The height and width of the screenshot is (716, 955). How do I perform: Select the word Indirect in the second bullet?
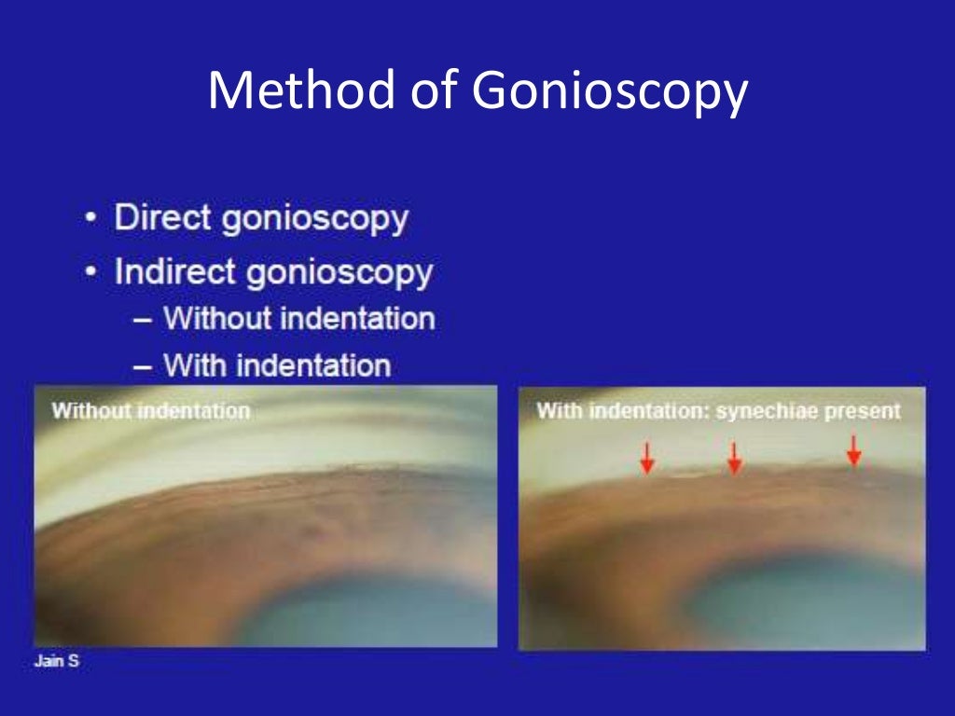tap(173, 273)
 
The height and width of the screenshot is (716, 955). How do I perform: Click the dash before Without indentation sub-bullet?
tap(143, 319)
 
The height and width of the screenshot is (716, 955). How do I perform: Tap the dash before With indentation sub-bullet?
tap(143, 365)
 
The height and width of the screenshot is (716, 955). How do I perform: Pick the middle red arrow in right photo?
tap(734, 458)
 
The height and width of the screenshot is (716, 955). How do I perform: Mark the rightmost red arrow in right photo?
tap(853, 450)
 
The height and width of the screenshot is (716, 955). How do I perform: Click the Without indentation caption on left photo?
tap(151, 410)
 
